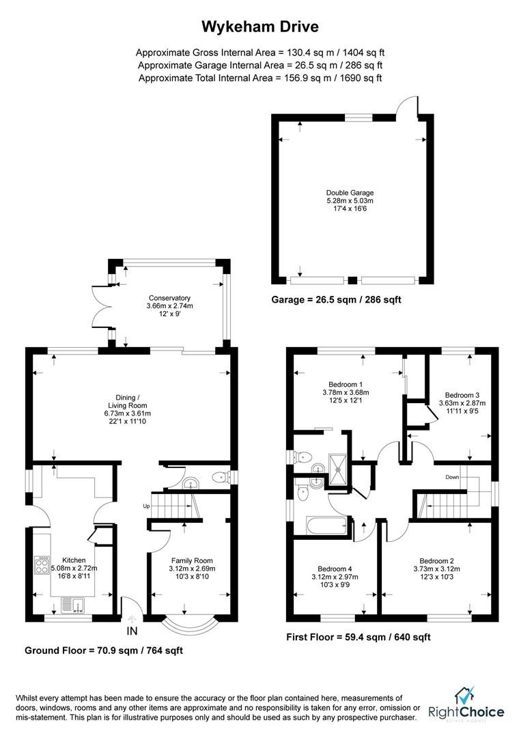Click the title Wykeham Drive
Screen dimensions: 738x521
[x=259, y=27]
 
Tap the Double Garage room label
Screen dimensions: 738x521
[x=350, y=193]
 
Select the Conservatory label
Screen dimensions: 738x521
[x=169, y=298]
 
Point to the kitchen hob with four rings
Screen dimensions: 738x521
[x=40, y=566]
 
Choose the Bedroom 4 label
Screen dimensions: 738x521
[x=335, y=568]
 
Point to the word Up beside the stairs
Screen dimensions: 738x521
[x=145, y=506]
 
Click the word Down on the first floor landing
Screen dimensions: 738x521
[x=452, y=476]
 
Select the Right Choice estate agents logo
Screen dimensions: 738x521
[x=466, y=705]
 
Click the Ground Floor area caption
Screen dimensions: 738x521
[x=104, y=651]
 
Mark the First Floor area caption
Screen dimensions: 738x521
[x=358, y=637]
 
